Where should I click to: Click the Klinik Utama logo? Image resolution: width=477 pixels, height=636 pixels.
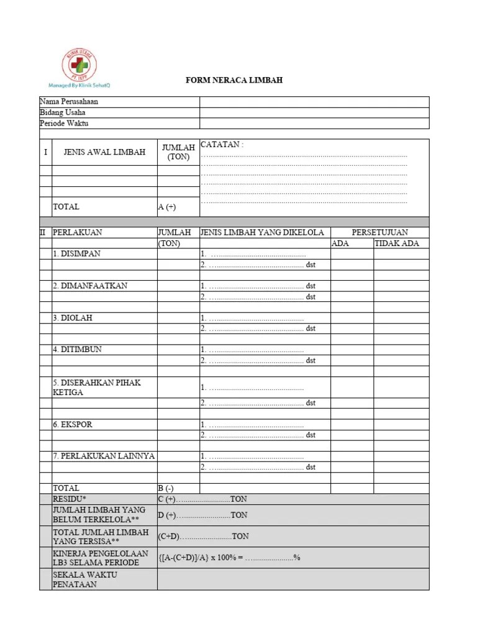coord(79,65)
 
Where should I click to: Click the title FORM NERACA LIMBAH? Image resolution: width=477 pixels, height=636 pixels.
coord(235,81)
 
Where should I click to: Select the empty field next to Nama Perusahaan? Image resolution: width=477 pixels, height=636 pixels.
coord(314,102)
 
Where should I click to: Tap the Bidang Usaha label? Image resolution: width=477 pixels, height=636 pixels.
coord(63,112)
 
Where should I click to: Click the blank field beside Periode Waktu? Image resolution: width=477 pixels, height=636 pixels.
coord(314,123)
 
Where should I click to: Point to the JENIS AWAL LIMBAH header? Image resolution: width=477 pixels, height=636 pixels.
coord(104,152)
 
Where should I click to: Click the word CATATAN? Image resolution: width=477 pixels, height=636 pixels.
coord(222,144)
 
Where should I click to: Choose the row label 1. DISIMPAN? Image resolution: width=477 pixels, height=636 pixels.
coord(76,254)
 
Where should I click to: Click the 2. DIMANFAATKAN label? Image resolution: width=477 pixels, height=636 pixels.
coord(90,286)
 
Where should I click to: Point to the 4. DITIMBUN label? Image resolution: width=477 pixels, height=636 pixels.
coord(78,349)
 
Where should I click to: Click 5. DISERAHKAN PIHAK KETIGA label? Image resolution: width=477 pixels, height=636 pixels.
coord(96,387)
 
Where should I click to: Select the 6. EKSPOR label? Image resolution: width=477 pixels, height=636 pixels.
coord(73,424)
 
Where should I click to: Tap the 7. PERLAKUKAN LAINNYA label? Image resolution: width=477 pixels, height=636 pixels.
coord(104,456)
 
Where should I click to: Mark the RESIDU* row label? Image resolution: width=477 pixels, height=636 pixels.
coord(70,499)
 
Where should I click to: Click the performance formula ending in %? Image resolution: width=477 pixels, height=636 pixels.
coord(229,558)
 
